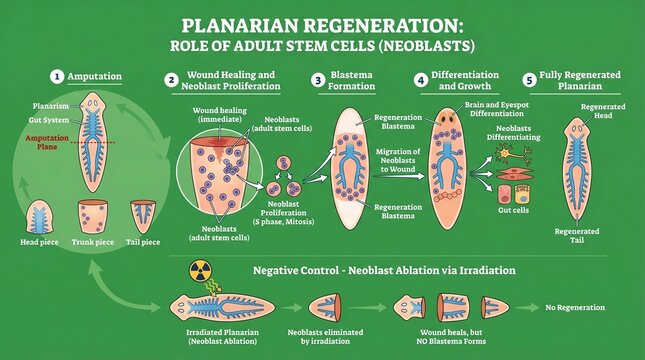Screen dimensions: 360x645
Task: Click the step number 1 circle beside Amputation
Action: point(58,76)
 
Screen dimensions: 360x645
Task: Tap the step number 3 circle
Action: point(319,79)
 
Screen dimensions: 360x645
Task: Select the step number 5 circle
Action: point(529,79)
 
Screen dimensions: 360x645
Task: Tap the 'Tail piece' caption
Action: point(144,242)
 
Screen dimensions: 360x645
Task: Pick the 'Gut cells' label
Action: point(513,211)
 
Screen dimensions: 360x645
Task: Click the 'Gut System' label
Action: point(49,119)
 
